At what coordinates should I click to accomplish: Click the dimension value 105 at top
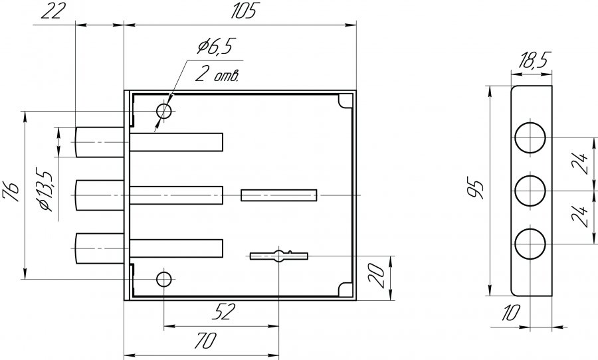(x=236, y=11)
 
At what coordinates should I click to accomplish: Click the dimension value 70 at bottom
(x=203, y=342)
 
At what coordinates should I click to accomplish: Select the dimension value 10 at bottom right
(x=510, y=314)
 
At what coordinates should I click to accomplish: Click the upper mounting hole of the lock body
(x=164, y=111)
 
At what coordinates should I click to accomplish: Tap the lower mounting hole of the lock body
(x=163, y=278)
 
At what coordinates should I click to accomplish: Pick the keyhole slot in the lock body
(x=279, y=256)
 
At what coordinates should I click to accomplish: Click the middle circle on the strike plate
(x=532, y=191)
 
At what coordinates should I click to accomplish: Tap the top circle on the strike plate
(x=532, y=138)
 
